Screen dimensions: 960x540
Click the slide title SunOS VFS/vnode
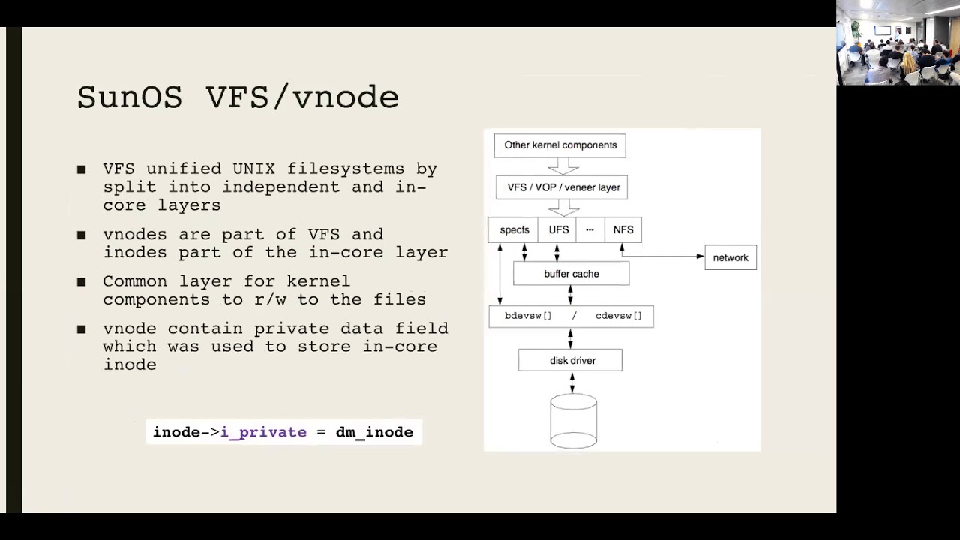238,97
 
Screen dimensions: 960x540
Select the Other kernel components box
559,145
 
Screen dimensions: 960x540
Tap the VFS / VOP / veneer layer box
562,187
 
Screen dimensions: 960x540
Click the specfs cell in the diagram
513,229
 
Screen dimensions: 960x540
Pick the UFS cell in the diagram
557,229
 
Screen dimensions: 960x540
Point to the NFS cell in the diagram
623,229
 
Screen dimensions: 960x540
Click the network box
730,257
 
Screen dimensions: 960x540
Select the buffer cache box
571,274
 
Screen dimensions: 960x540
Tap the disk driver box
571,360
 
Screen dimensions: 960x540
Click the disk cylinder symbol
574,421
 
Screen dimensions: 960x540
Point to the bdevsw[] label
528,316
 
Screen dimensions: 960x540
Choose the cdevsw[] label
619,316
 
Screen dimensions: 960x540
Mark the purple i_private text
263,432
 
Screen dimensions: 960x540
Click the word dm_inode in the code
374,432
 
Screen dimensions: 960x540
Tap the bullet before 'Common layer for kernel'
82,282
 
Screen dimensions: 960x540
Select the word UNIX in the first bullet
253,169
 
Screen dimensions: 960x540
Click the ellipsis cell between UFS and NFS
590,229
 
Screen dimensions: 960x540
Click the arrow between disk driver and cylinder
571,382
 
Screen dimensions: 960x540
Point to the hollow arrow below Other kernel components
563,166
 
